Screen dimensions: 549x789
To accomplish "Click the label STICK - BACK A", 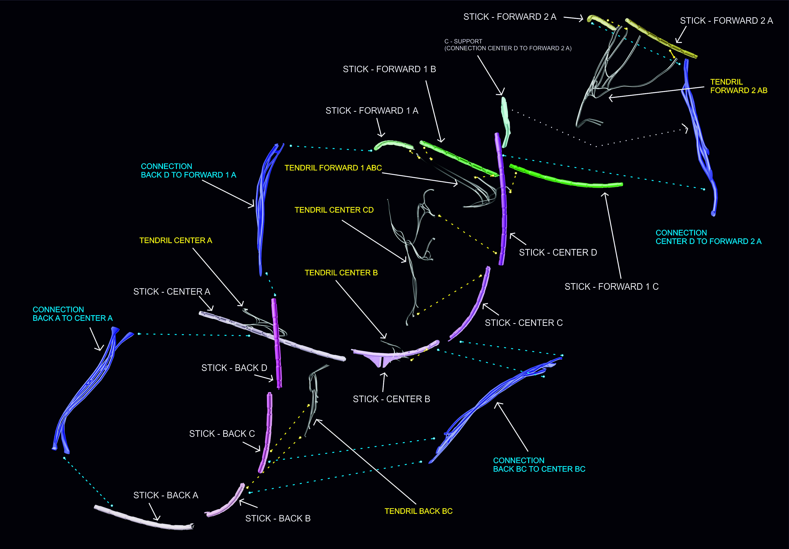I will coord(166,495).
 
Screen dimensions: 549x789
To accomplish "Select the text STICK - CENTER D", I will coord(558,252).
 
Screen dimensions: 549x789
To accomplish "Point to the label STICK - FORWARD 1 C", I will coord(611,287).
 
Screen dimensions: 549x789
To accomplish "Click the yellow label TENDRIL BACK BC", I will coord(418,511).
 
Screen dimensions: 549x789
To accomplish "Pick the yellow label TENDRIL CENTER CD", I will coord(334,210).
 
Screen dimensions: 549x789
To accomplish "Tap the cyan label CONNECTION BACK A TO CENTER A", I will coord(72,314).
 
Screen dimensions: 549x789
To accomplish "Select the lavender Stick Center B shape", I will coord(395,354).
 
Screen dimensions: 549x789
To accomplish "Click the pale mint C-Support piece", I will coord(505,120).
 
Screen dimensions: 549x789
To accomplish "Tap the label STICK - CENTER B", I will coord(391,399).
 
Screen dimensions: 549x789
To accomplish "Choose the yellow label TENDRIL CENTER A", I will coord(176,240).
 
